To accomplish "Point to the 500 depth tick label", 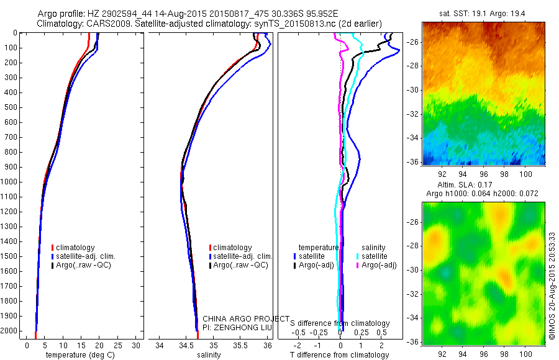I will click(x=9, y=107).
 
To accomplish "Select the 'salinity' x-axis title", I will click(x=209, y=355).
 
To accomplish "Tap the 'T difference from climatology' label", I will click(x=340, y=355).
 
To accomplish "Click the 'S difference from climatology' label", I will click(x=340, y=323).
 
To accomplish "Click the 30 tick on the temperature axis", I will click(x=137, y=344).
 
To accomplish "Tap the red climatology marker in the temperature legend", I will click(x=53, y=248).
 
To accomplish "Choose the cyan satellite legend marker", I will click(x=358, y=256).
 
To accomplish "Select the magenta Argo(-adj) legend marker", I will click(x=358, y=265).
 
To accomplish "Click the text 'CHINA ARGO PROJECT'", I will click(x=246, y=318).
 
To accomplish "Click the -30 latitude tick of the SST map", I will click(x=412, y=89).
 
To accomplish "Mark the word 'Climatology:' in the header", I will click(x=59, y=23).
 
